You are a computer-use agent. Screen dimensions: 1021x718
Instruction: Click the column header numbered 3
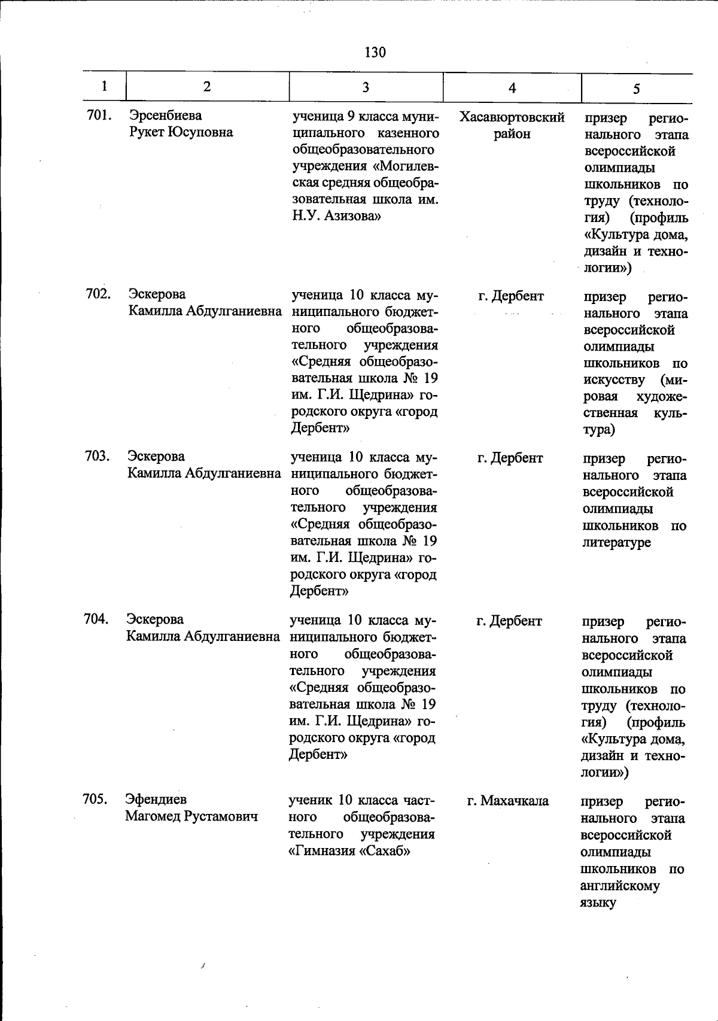click(x=365, y=87)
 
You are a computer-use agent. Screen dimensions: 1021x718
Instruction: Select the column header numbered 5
click(x=636, y=89)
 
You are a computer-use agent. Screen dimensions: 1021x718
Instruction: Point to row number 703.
click(x=97, y=457)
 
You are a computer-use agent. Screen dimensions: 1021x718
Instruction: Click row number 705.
click(x=95, y=799)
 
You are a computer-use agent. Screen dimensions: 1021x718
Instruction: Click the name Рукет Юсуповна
click(x=181, y=132)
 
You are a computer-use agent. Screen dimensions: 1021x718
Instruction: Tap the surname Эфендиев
click(x=156, y=800)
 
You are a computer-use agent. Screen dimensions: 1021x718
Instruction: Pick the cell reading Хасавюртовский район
click(x=512, y=126)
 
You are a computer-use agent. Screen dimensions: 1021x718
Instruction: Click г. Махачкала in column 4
click(x=508, y=801)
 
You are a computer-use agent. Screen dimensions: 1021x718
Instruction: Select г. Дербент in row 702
click(x=511, y=296)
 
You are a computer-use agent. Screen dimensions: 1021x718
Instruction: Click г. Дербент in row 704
click(x=509, y=621)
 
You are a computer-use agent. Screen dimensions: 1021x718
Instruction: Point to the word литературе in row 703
click(x=617, y=543)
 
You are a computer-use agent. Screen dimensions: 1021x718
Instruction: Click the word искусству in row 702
click(x=614, y=380)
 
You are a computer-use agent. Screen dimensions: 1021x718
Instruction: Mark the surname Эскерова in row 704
click(x=155, y=619)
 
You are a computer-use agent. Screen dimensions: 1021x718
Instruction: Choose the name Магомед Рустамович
click(x=191, y=816)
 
